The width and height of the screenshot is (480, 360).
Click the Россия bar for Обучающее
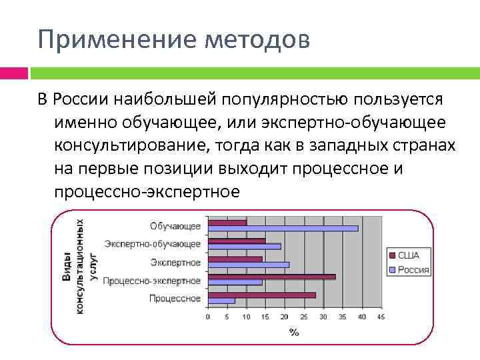(283, 228)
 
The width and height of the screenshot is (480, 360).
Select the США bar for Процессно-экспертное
(271, 276)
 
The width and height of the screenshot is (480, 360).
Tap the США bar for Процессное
(261, 295)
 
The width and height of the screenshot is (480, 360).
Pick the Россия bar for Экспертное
(248, 265)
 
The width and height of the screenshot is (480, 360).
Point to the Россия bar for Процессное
(221, 301)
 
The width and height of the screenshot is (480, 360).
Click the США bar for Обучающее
(227, 223)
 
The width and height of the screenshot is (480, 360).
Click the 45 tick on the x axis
(381, 317)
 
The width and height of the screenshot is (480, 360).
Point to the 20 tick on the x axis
(285, 317)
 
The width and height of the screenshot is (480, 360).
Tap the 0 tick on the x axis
(208, 317)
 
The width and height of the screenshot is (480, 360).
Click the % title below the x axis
(294, 331)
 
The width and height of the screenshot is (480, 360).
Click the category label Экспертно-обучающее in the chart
(153, 244)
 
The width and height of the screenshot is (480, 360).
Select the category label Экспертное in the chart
(175, 262)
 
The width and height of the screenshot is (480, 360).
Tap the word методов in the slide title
(259, 39)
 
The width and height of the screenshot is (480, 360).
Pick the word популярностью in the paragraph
(285, 99)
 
